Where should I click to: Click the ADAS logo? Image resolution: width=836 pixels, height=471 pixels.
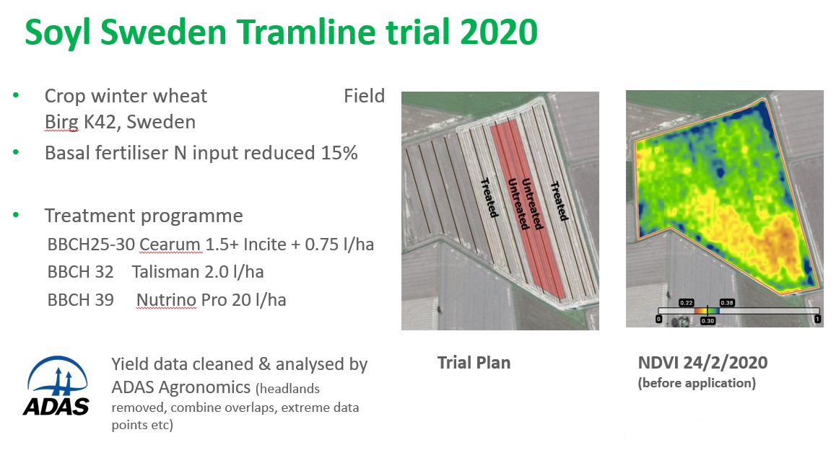[x=56, y=386]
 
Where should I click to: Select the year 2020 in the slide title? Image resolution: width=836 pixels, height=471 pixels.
[x=499, y=32]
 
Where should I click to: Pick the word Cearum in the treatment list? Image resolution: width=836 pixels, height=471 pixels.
[x=170, y=244]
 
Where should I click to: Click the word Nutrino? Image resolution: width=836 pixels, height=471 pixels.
[x=166, y=300]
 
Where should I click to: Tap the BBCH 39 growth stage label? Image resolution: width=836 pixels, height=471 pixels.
[x=81, y=300]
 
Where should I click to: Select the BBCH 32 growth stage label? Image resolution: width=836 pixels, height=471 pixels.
[x=81, y=272]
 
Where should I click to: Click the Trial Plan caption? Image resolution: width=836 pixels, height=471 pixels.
[x=474, y=363]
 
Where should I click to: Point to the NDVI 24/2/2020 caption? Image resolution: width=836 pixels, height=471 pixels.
[x=702, y=363]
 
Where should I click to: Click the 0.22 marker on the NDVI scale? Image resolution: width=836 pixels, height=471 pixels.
[x=686, y=303]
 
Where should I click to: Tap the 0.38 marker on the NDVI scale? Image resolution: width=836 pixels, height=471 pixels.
[x=727, y=303]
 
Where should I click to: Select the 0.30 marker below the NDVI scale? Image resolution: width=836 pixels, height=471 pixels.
[x=707, y=321]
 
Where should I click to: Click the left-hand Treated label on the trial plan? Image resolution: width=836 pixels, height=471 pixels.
[x=489, y=198]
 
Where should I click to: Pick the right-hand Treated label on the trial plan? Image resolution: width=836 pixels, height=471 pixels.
[x=559, y=201]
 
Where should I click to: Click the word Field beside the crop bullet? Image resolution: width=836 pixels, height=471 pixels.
[x=364, y=96]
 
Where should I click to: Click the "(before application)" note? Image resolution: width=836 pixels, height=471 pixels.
[x=697, y=383]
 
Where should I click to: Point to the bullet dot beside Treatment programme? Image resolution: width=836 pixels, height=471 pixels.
[x=16, y=215]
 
